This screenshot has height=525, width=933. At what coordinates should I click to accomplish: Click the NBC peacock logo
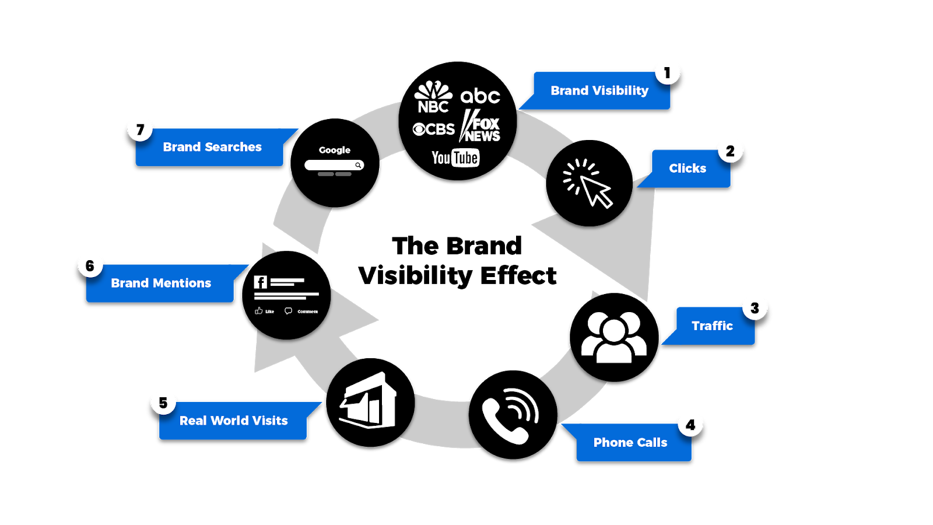coord(433,97)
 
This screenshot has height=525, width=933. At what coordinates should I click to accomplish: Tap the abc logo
coord(480,96)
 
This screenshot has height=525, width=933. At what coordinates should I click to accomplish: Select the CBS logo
coord(433,129)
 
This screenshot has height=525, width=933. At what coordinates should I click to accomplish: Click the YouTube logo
coord(455,158)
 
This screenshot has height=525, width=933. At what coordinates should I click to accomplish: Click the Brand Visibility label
coord(599,91)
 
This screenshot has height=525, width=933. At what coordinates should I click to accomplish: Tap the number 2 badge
coord(730,151)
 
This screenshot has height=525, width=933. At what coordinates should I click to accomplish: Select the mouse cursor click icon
coord(588,183)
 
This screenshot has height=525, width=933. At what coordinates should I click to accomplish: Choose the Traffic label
coord(712,326)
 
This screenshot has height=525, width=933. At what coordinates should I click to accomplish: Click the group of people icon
coord(614,337)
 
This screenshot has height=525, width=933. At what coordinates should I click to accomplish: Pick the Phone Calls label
coord(630,443)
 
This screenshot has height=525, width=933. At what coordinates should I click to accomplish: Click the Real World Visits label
coord(233,421)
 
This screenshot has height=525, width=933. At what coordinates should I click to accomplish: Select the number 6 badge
coord(90,266)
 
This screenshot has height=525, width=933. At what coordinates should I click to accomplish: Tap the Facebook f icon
coord(260,282)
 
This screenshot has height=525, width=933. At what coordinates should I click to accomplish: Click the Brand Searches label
coord(212,148)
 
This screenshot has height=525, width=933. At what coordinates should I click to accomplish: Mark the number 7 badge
coord(140,129)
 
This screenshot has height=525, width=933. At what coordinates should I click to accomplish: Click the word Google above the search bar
coord(335,150)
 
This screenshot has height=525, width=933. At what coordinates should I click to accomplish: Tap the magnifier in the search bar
coord(358,165)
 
